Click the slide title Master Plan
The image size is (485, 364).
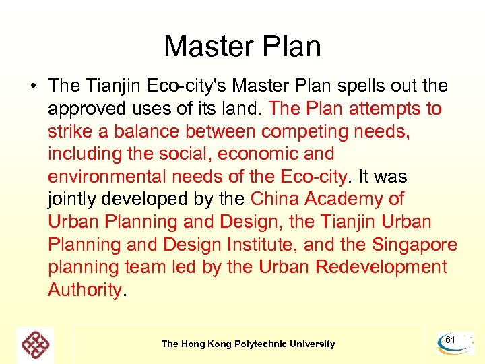(x=243, y=47)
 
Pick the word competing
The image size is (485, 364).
(x=311, y=131)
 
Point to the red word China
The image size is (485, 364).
(x=275, y=200)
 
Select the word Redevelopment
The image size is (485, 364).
(x=381, y=268)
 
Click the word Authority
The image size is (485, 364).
(x=85, y=290)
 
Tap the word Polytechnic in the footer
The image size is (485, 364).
(x=261, y=344)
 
